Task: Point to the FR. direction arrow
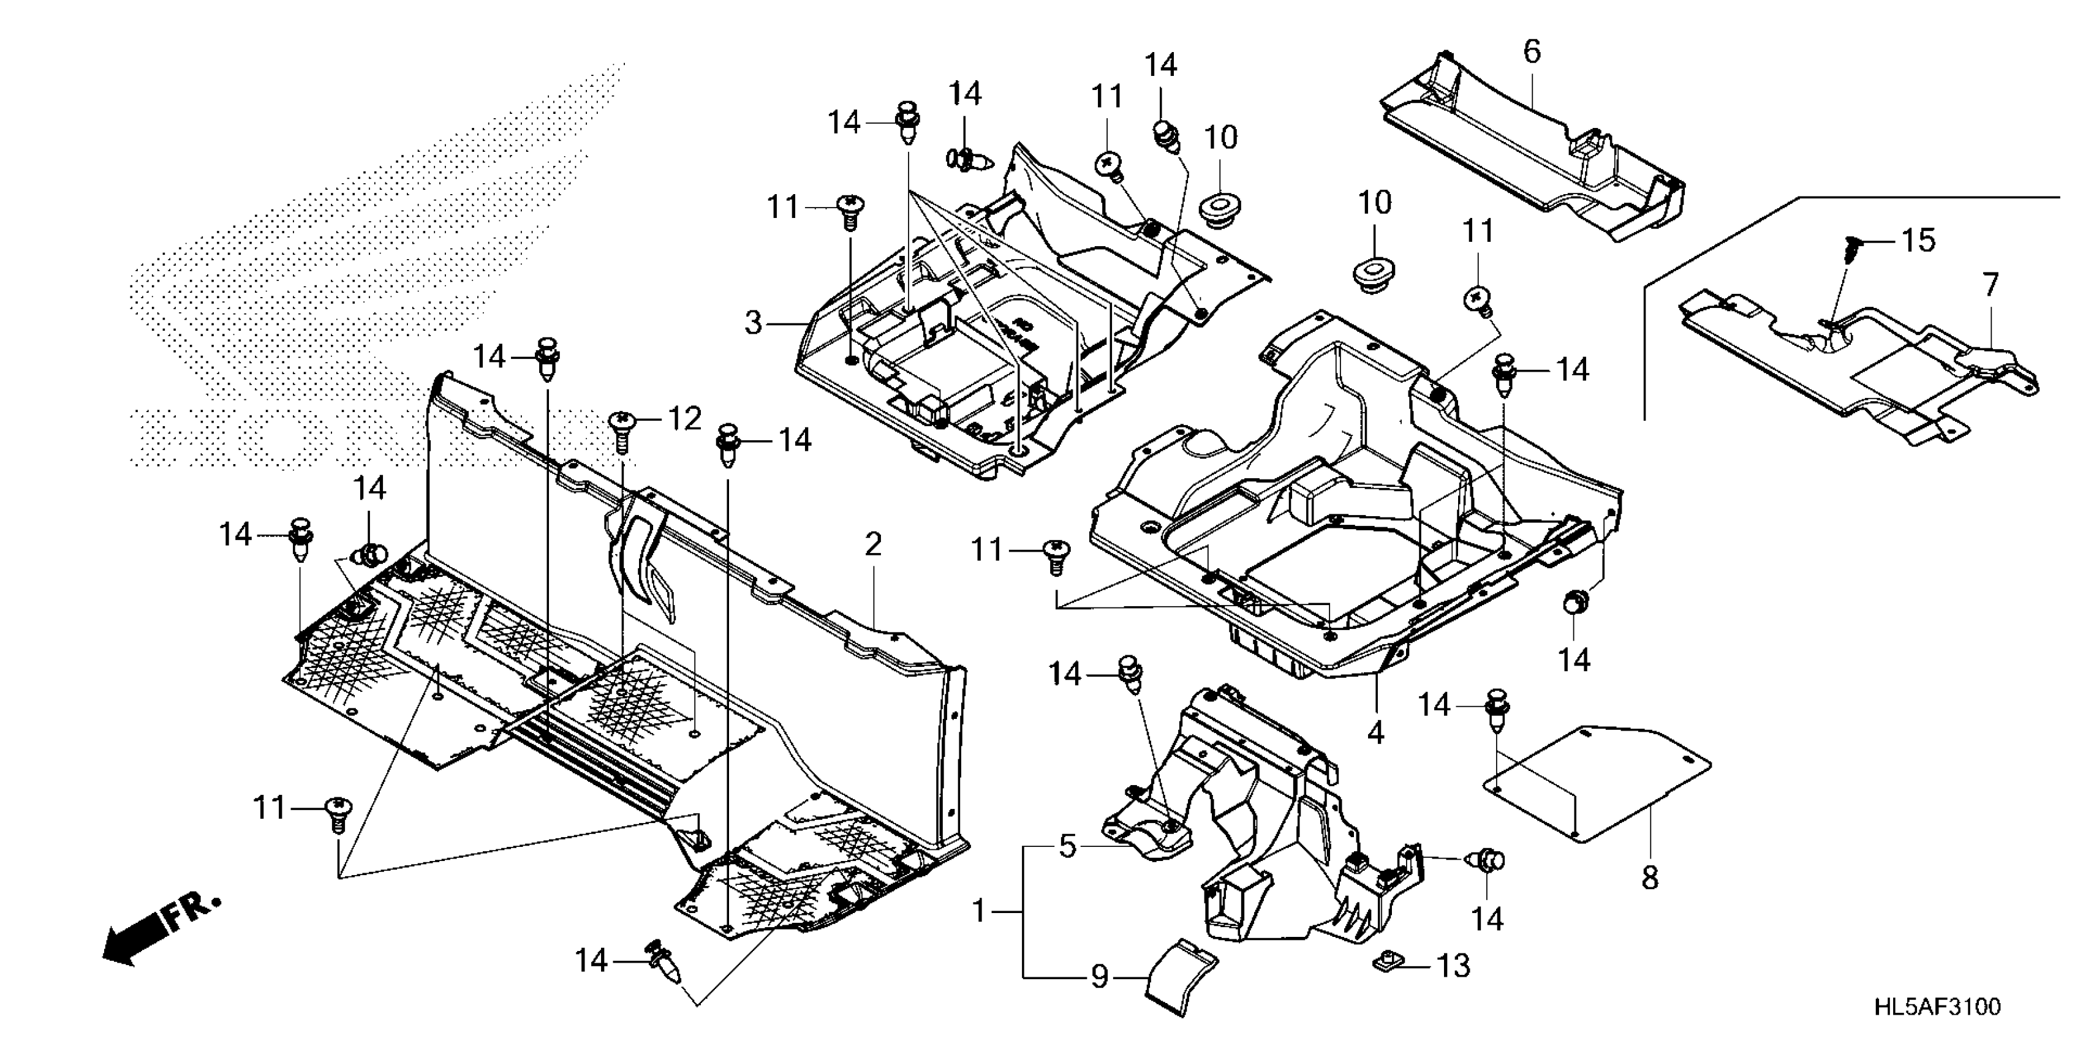[x=157, y=929]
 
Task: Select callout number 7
[x=1990, y=285]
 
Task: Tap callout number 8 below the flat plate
[x=1650, y=878]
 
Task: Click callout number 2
[x=872, y=546]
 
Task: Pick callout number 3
[x=754, y=323]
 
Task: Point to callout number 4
[x=1375, y=733]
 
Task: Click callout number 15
[x=1918, y=241]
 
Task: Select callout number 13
[x=1453, y=966]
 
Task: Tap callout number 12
[x=684, y=419]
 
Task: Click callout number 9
[x=1099, y=978]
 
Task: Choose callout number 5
[x=1067, y=847]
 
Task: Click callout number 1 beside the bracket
[x=979, y=912]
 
